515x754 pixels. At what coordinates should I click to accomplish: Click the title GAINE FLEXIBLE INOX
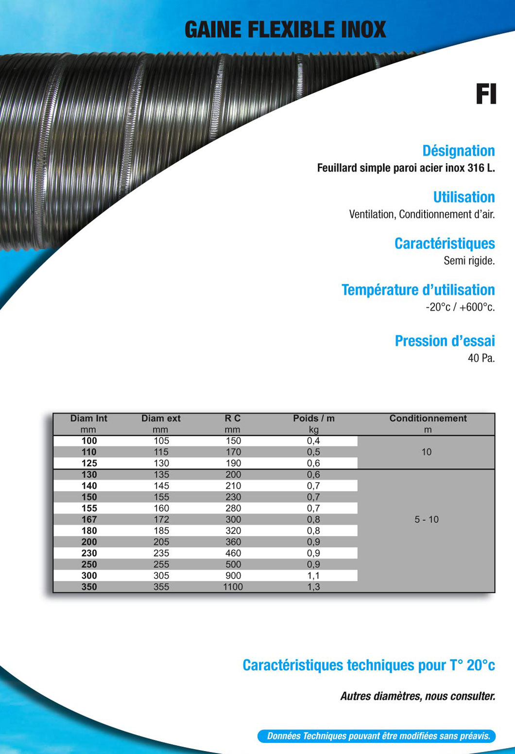285,30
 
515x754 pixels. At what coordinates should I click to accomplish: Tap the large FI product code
485,94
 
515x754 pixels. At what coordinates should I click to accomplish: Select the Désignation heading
458,151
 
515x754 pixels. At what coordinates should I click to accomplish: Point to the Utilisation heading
463,197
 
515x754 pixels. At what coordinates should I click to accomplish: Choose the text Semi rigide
469,261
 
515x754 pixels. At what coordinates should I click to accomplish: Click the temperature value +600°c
477,307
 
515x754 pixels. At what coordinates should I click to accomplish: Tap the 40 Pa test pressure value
481,359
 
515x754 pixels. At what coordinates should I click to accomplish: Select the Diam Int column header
88,418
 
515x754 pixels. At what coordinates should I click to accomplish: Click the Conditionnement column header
428,418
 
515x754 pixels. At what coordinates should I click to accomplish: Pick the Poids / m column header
313,418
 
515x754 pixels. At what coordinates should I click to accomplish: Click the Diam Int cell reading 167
89,519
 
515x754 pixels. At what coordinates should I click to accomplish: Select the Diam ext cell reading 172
161,519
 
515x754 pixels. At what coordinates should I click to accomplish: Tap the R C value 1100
233,587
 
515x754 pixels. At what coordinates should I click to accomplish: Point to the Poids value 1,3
313,587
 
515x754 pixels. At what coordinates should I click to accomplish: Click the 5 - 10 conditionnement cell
426,519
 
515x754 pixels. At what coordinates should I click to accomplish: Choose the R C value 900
233,576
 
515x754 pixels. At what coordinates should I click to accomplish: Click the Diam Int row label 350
89,587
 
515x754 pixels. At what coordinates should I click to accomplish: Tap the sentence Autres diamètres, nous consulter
417,696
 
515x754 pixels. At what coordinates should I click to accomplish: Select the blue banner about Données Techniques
376,736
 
